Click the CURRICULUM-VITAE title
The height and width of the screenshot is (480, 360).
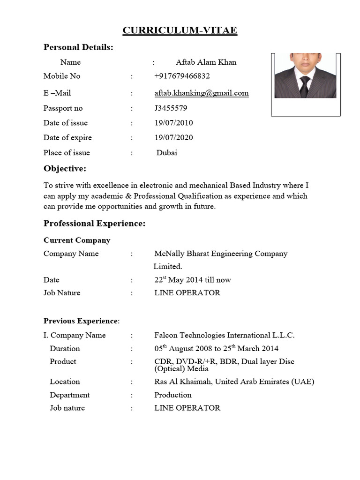(180, 31)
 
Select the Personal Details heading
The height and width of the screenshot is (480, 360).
(78, 47)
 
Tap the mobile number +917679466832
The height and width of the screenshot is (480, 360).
(182, 76)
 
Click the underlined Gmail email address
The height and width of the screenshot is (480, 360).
(202, 93)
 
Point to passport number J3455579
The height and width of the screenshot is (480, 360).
(171, 108)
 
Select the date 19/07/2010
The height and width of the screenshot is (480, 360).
(173, 123)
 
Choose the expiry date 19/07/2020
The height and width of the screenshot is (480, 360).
(173, 138)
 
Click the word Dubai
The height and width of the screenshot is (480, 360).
(167, 153)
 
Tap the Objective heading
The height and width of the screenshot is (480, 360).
(65, 169)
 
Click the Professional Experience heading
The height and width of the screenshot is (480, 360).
(95, 224)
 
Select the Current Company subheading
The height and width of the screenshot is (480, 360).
(77, 240)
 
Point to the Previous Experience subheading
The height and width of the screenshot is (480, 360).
(81, 321)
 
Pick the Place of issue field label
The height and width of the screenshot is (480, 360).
(67, 153)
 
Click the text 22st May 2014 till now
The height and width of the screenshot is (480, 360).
(193, 280)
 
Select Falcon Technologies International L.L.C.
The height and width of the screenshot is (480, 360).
(224, 335)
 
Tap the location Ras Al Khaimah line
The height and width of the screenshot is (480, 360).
(234, 382)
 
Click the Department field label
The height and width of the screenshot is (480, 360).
(70, 395)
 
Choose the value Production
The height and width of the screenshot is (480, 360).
(173, 395)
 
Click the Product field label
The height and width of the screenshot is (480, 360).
(63, 361)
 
